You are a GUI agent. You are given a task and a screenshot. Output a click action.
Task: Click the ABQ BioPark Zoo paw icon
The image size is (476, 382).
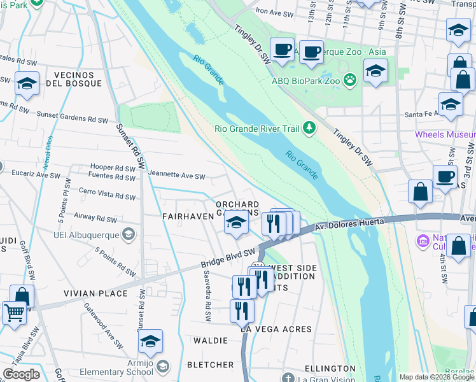point(349,80)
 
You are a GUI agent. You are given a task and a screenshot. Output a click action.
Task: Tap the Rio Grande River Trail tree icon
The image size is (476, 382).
point(309,129)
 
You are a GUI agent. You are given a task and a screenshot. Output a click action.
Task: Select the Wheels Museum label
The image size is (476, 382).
point(445,134)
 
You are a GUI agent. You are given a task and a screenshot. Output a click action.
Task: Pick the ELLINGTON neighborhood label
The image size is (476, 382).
point(330,369)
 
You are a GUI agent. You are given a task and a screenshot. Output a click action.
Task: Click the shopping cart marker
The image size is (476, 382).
point(15,313)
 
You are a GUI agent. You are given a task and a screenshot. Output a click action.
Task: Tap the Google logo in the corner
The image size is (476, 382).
point(21,374)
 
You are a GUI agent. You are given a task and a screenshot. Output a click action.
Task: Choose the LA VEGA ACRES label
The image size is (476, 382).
point(276,329)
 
